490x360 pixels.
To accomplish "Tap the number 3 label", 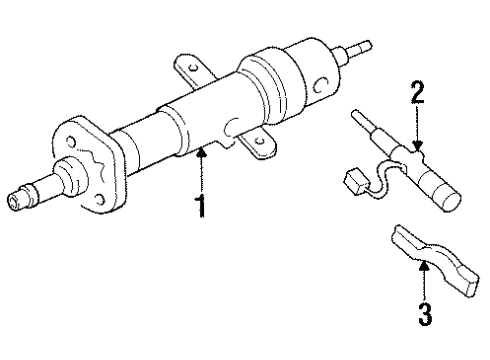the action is coord(425,317).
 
